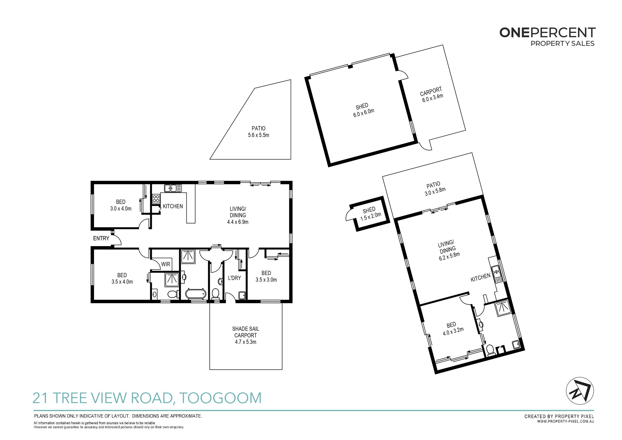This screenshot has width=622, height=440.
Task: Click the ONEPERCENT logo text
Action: [547, 33]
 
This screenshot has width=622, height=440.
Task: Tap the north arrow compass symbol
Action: [580, 391]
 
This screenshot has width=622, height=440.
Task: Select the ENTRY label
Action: [101, 238]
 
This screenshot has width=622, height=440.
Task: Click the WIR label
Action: [165, 264]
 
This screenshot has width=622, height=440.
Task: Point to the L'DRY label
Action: [234, 278]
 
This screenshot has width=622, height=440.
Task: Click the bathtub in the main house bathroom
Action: [196, 293]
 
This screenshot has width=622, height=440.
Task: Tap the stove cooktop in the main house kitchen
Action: [156, 199]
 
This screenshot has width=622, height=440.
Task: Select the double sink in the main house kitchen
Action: [173, 188]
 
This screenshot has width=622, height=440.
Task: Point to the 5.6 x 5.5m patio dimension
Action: [258, 135]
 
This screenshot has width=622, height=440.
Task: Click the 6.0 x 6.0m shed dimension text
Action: [364, 113]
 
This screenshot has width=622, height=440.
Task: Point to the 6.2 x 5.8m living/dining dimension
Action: [449, 256]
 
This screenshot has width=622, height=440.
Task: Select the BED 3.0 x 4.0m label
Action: [121, 205]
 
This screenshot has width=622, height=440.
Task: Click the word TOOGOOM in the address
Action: [220, 398]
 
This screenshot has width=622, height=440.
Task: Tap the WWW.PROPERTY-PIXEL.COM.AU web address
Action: [566, 421]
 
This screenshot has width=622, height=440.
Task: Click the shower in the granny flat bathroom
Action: [503, 308]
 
